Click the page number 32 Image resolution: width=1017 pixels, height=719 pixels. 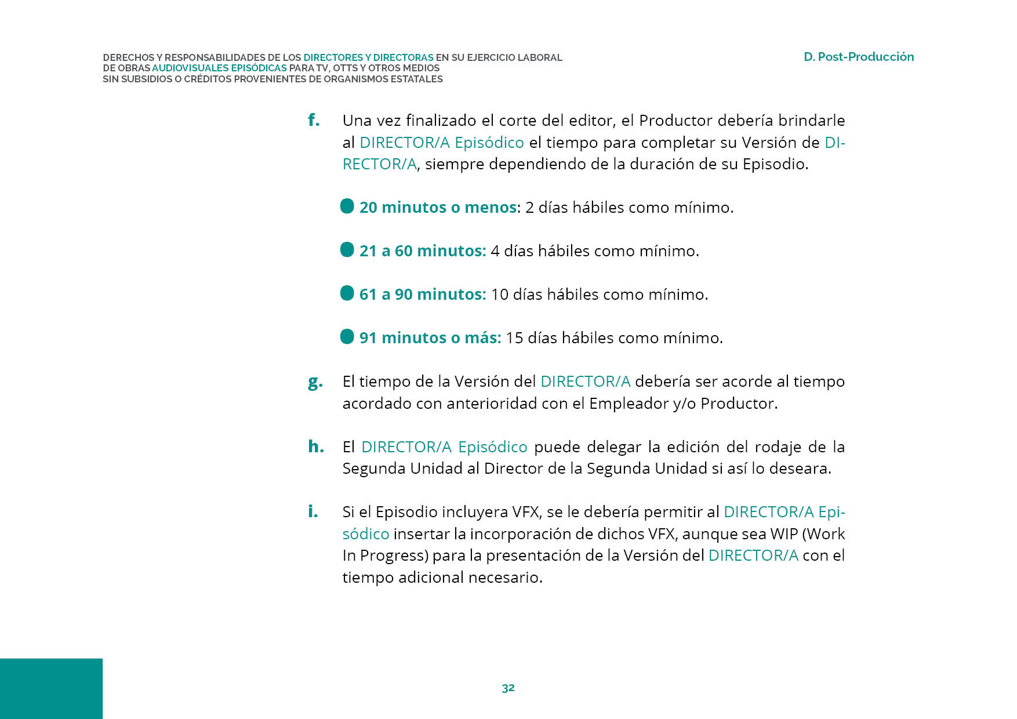pyautogui.click(x=508, y=688)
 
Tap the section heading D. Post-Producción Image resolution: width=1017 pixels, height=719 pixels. pyautogui.click(x=858, y=57)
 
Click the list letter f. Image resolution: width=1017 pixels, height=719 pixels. pyautogui.click(x=313, y=120)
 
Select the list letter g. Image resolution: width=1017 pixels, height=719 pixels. pyautogui.click(x=315, y=382)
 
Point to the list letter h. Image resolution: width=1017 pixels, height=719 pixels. pyautogui.click(x=315, y=446)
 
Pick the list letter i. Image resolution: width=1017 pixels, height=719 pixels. pyautogui.click(x=313, y=511)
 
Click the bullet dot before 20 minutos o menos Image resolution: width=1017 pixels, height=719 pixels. pyautogui.click(x=347, y=206)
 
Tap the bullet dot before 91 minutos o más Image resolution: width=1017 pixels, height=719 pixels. pyautogui.click(x=347, y=337)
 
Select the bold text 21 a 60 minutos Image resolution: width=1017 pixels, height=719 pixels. pyautogui.click(x=422, y=251)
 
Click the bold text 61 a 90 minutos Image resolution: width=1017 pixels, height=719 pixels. pyautogui.click(x=422, y=295)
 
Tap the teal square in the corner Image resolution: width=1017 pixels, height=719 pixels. pyautogui.click(x=51, y=688)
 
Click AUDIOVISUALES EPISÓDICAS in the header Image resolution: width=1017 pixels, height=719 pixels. pyautogui.click(x=219, y=68)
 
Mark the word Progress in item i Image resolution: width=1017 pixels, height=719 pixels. pyautogui.click(x=394, y=556)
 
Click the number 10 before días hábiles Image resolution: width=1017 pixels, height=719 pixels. pyautogui.click(x=499, y=295)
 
